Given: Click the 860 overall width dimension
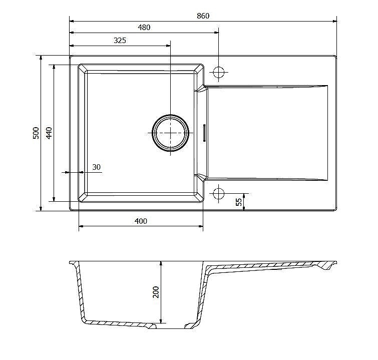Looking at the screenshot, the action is coord(203,16).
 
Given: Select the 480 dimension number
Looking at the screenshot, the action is coord(144,28).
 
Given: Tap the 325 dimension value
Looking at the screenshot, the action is coord(120,40).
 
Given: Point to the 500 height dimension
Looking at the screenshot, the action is coord(36,133).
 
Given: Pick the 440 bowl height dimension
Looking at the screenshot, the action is coord(49,133).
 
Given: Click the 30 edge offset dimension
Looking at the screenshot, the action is coord(97,167).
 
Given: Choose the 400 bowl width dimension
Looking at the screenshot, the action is coord(141,221).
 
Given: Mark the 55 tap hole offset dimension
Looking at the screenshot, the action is coord(239,202).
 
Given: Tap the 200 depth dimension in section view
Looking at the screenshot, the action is coord(156,292).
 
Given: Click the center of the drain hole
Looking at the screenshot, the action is coord(170,133).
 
